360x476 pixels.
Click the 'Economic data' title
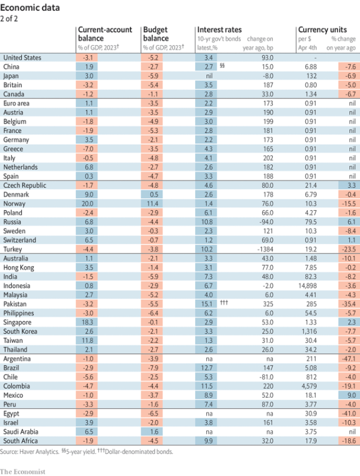click(30, 8)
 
